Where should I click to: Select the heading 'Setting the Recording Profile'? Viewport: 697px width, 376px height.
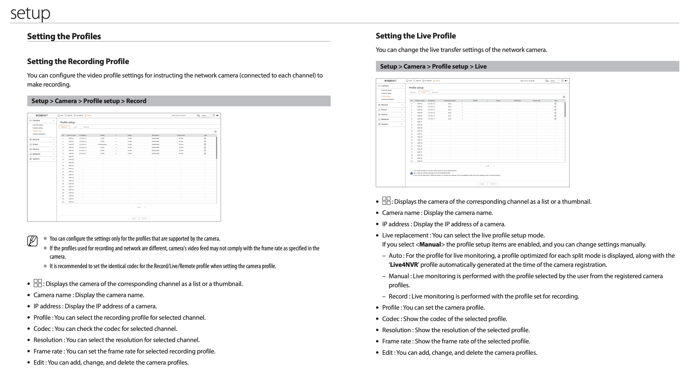[x=78, y=61]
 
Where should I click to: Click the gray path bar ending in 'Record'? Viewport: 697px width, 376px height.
[x=179, y=101]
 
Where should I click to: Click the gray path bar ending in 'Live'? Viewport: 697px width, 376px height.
[x=527, y=67]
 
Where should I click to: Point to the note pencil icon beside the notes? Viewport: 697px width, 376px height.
[x=32, y=241]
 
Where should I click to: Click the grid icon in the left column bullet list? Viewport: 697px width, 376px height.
[x=38, y=283]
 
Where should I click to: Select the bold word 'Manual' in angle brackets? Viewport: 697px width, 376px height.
[x=430, y=244]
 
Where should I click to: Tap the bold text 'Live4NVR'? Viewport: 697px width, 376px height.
[x=404, y=265]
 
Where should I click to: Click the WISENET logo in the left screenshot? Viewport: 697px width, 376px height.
[x=42, y=115]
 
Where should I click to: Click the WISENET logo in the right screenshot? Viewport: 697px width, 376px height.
[x=390, y=81]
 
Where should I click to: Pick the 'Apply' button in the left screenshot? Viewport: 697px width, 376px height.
[x=134, y=219]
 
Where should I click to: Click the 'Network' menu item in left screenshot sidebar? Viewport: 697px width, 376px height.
[x=36, y=154]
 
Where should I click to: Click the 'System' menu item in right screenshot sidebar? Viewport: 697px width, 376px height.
[x=385, y=124]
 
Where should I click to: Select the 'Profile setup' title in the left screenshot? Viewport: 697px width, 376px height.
[x=67, y=122]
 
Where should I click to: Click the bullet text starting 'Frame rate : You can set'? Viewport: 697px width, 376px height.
[x=124, y=351]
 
